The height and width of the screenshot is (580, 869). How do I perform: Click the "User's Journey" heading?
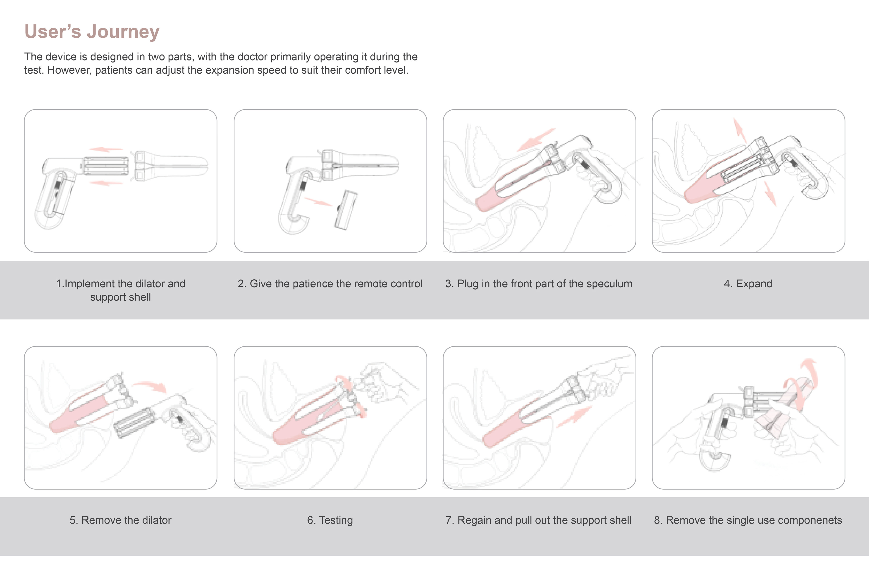coord(92,31)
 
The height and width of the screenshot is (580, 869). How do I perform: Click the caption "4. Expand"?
coord(748,284)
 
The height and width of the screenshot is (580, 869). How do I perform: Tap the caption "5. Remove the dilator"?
coord(120,520)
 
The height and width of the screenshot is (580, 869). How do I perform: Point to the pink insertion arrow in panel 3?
coord(536,140)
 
